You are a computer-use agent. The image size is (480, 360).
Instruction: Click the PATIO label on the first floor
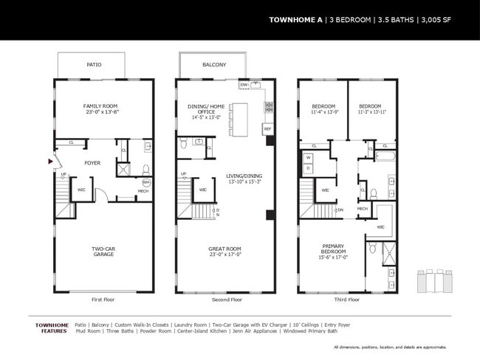coord(94,65)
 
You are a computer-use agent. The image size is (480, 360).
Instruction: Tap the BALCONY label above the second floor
coord(214,65)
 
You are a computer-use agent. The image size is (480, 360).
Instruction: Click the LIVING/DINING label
coord(243,176)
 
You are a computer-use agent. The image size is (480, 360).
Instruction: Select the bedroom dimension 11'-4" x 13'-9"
coord(323,111)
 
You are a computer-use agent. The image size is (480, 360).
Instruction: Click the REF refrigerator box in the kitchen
coord(267,128)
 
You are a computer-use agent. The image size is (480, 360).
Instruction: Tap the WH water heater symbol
coord(146,181)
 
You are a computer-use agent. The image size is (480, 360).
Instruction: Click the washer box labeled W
coord(308,157)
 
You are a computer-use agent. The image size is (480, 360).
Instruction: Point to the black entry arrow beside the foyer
coord(50,160)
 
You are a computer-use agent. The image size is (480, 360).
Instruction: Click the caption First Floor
coord(103,300)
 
